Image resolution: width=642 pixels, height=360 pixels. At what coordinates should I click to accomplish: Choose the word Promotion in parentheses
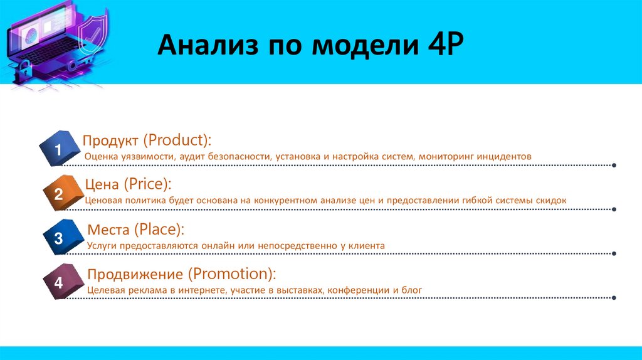[x=231, y=274]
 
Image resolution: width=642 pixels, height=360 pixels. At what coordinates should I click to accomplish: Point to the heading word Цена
[x=103, y=184]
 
